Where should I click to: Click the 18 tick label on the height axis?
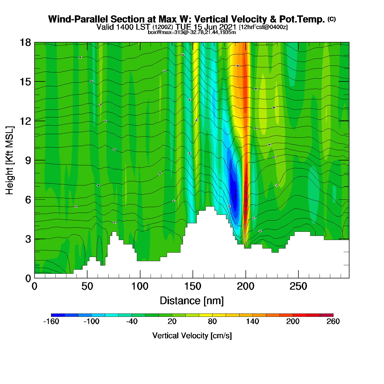point(25,43)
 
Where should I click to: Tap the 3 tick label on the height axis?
point(28,239)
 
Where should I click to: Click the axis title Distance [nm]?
point(192,301)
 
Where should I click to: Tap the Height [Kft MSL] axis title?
point(10,160)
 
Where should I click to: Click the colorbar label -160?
point(51,322)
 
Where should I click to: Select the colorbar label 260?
point(333,322)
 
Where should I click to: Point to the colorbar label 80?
point(212,322)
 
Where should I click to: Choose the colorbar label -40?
point(132,322)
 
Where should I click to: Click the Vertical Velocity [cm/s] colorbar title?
point(192,336)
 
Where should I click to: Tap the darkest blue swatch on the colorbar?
point(58,315)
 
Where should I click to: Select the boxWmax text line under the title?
point(192,32)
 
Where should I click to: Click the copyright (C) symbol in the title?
point(332,19)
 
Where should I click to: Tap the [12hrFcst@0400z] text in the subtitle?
point(263,27)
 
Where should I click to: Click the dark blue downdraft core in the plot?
point(233,189)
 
